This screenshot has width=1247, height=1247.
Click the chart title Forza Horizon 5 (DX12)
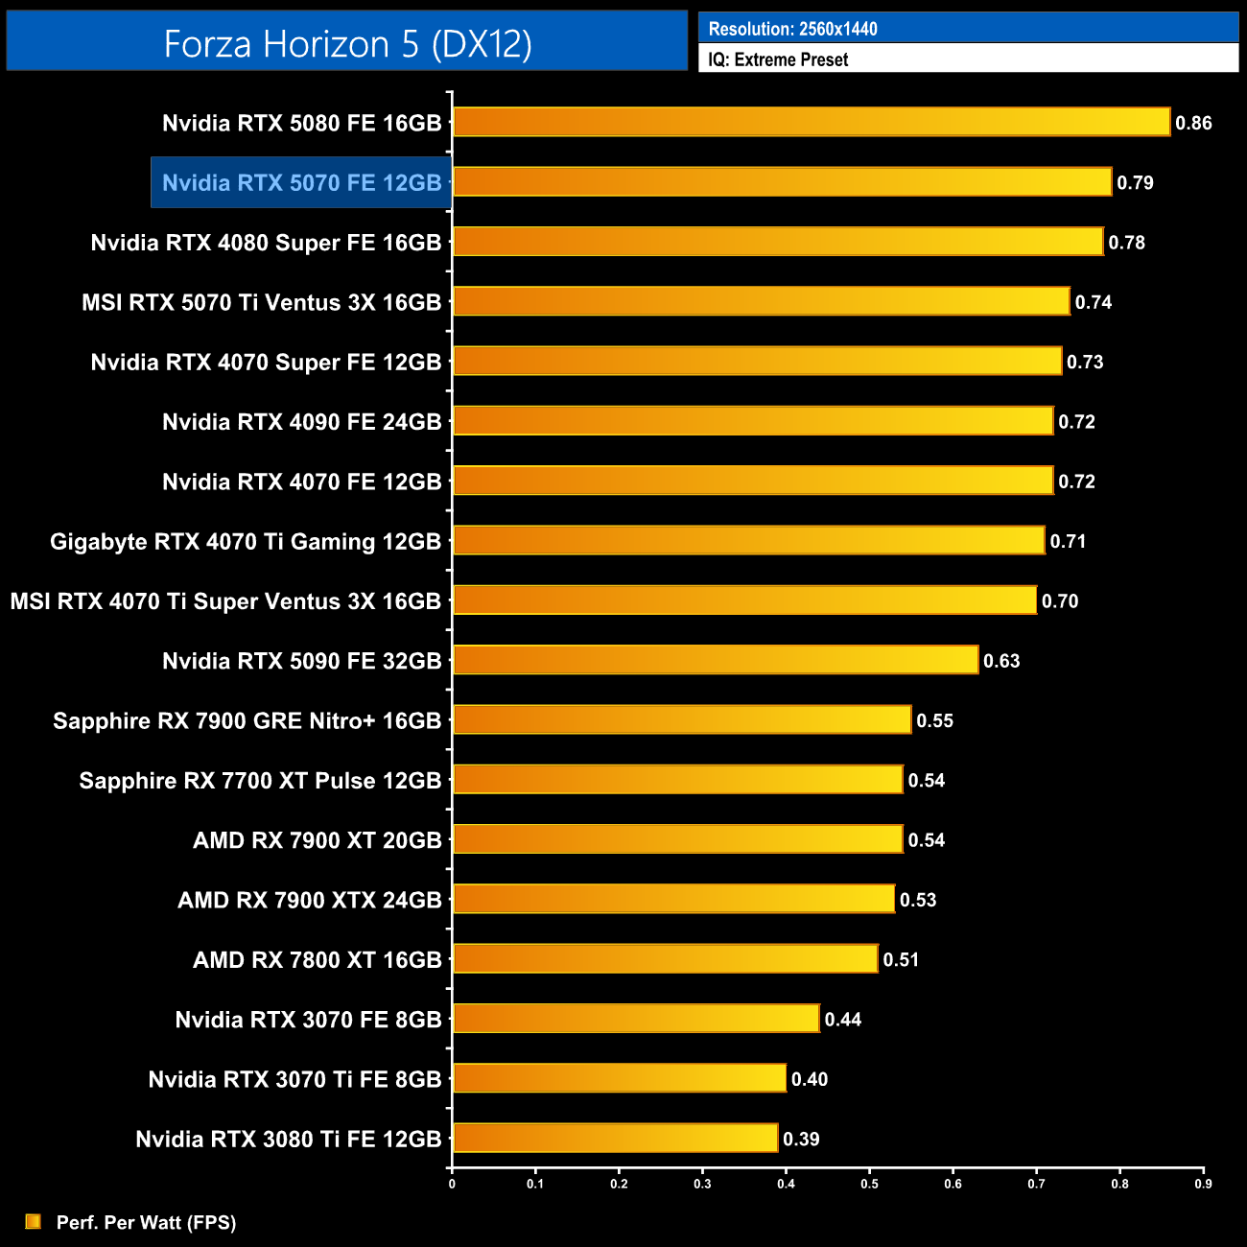point(347,43)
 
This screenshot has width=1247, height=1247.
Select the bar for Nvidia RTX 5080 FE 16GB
point(811,122)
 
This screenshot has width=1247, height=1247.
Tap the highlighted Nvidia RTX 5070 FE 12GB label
point(301,182)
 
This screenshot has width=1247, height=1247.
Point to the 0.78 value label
point(1126,243)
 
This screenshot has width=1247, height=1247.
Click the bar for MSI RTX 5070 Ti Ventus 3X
point(761,301)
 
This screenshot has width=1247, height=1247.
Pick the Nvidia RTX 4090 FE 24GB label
point(301,422)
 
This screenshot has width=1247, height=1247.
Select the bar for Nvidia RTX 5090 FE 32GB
point(715,660)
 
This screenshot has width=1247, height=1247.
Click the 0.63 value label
point(1001,661)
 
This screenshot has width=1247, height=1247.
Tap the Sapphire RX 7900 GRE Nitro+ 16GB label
point(247,720)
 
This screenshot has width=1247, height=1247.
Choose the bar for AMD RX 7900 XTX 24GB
point(673,899)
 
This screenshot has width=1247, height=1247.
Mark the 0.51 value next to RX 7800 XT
point(901,959)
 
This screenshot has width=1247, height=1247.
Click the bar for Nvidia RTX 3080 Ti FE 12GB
point(615,1138)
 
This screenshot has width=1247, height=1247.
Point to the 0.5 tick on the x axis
point(869,1184)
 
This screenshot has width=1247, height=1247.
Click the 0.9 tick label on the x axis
point(1203,1184)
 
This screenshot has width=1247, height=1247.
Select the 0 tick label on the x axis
point(452,1184)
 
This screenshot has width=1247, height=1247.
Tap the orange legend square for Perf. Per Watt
point(34,1221)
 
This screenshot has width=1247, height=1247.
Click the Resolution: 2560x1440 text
point(792,29)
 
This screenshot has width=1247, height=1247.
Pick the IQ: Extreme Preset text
point(778,59)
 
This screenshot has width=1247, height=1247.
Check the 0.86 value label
point(1193,123)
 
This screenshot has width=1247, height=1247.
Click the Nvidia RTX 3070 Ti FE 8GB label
point(294,1079)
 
